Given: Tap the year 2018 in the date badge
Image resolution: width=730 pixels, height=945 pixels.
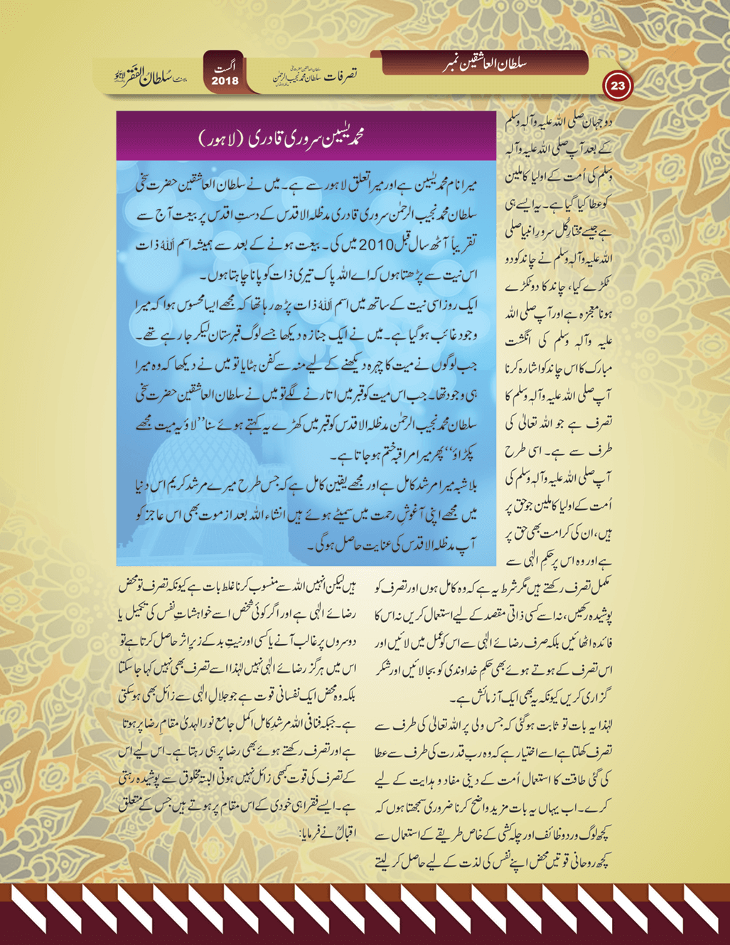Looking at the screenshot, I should (225, 81).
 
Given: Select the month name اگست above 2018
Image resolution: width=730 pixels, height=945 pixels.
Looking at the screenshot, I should (226, 67).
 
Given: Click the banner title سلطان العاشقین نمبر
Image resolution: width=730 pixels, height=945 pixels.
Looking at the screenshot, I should (486, 63).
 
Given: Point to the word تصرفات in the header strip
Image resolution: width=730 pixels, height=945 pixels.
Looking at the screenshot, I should (340, 74).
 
